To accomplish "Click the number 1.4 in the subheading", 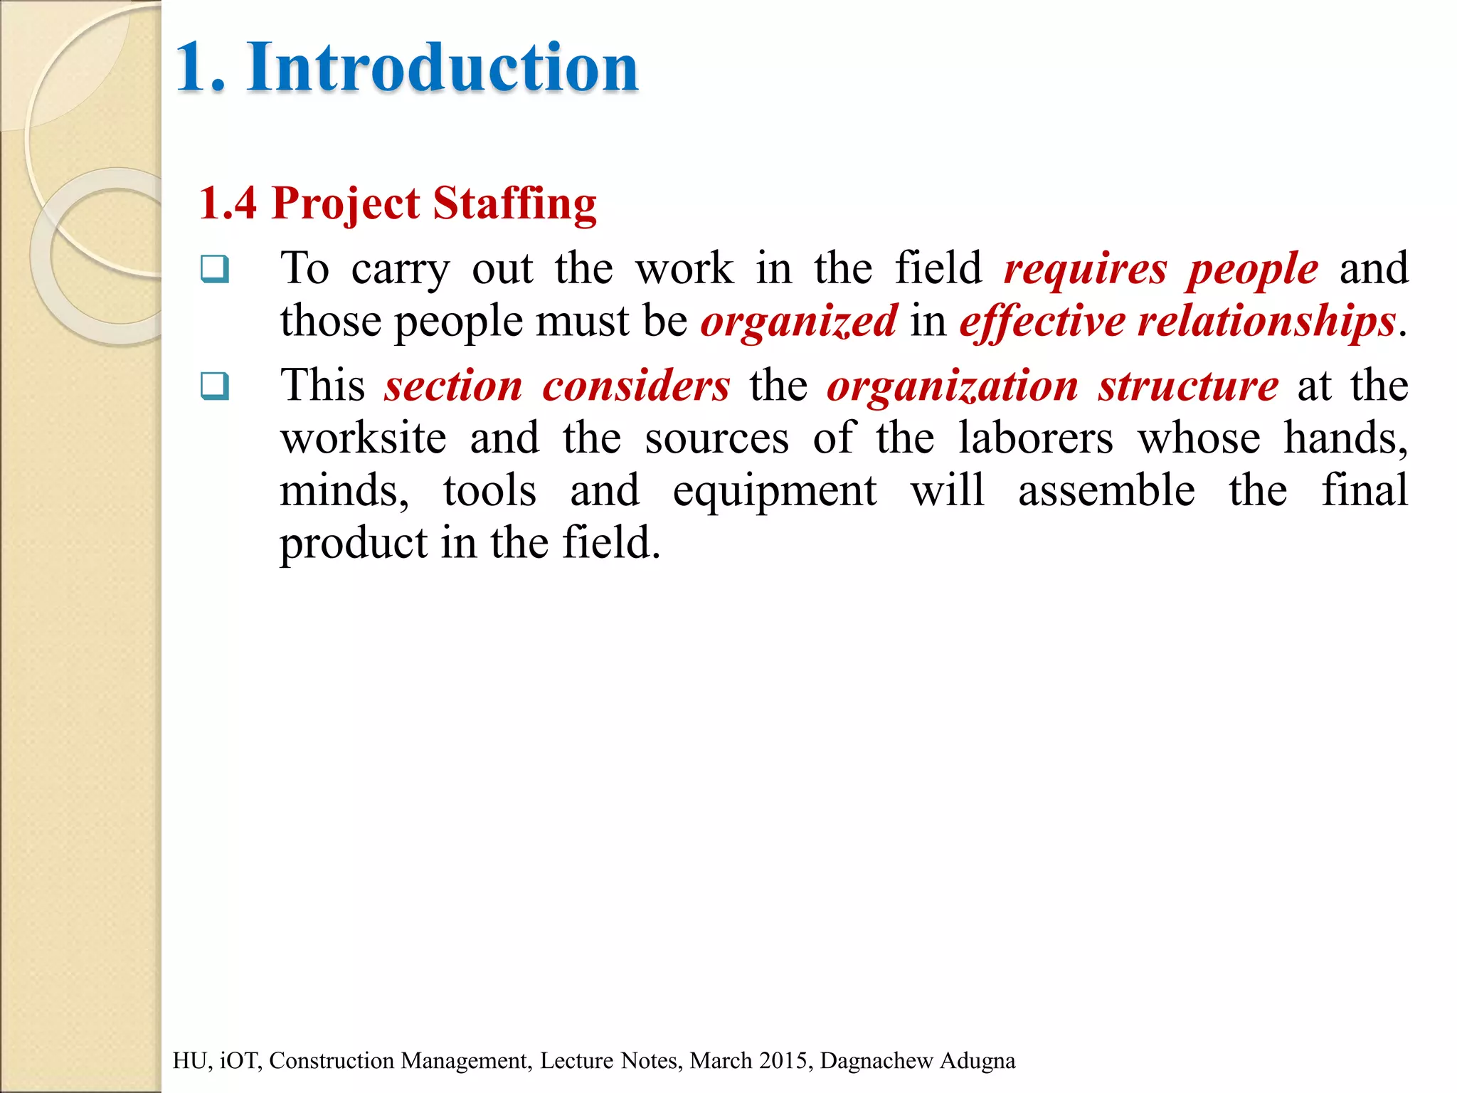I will click(227, 204).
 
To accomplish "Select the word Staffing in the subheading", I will click(514, 204).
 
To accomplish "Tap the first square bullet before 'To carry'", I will click(215, 269).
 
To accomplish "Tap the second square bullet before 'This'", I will click(215, 386).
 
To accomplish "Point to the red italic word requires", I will click(1086, 269).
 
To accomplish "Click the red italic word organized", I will click(799, 321).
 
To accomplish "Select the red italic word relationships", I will click(1266, 321).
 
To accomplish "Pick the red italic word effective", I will click(1042, 321).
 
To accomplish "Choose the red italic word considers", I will click(636, 386).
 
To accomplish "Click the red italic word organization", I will click(953, 386).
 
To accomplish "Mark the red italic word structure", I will click(1188, 386).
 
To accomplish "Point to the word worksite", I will click(364, 438).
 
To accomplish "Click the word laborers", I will click(1036, 438).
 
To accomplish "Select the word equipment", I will click(775, 491).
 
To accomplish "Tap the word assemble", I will click(1106, 491).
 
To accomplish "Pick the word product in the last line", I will click(353, 544).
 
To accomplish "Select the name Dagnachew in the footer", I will click(876, 1060).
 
